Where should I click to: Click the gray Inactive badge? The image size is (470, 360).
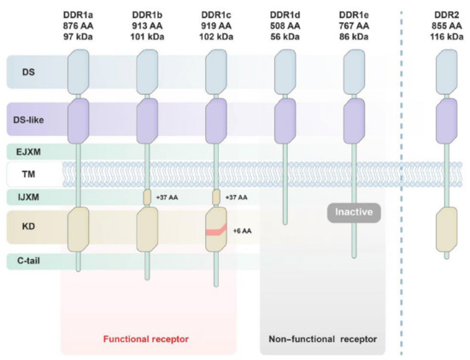[x=352, y=210]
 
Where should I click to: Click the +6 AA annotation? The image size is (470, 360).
[x=242, y=231]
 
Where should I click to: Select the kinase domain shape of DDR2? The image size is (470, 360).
[x=442, y=228]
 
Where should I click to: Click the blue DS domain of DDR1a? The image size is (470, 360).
[x=78, y=67]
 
